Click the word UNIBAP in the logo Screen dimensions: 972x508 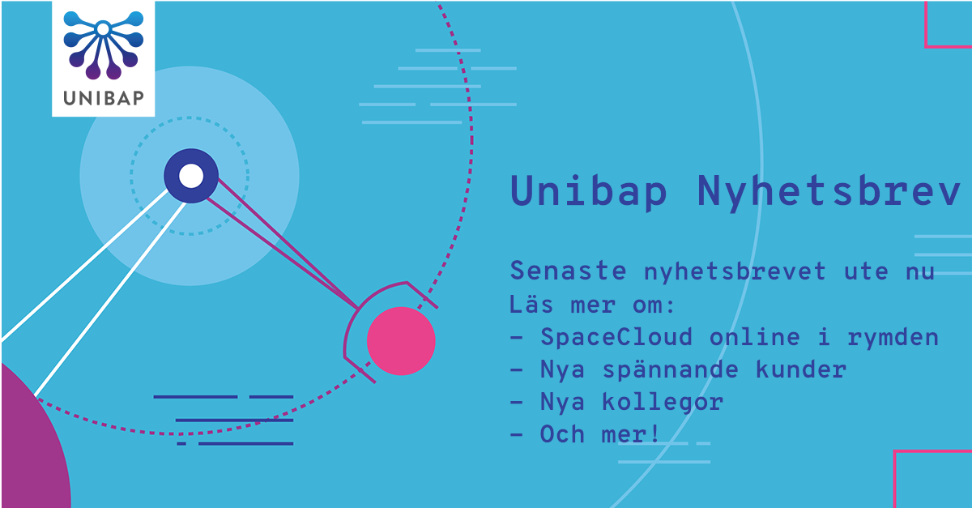(104, 98)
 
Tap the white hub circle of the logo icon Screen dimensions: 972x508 (103, 29)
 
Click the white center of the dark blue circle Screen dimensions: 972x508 (191, 176)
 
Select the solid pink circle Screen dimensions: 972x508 (401, 341)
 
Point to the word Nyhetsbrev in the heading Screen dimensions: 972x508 (829, 191)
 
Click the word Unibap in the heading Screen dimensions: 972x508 (588, 191)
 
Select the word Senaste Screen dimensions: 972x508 (568, 271)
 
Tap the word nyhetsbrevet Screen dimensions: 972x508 (735, 271)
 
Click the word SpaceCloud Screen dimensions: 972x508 (616, 337)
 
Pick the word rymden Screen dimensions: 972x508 (893, 337)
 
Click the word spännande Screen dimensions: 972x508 (670, 369)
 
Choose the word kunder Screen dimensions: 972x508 (801, 369)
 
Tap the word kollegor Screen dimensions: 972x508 (663, 402)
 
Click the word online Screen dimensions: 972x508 (754, 337)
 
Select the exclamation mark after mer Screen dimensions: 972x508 (654, 433)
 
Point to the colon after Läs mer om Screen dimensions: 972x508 (671, 305)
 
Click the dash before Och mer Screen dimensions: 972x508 (517, 434)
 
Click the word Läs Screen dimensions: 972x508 (531, 304)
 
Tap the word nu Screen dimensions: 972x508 (919, 272)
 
